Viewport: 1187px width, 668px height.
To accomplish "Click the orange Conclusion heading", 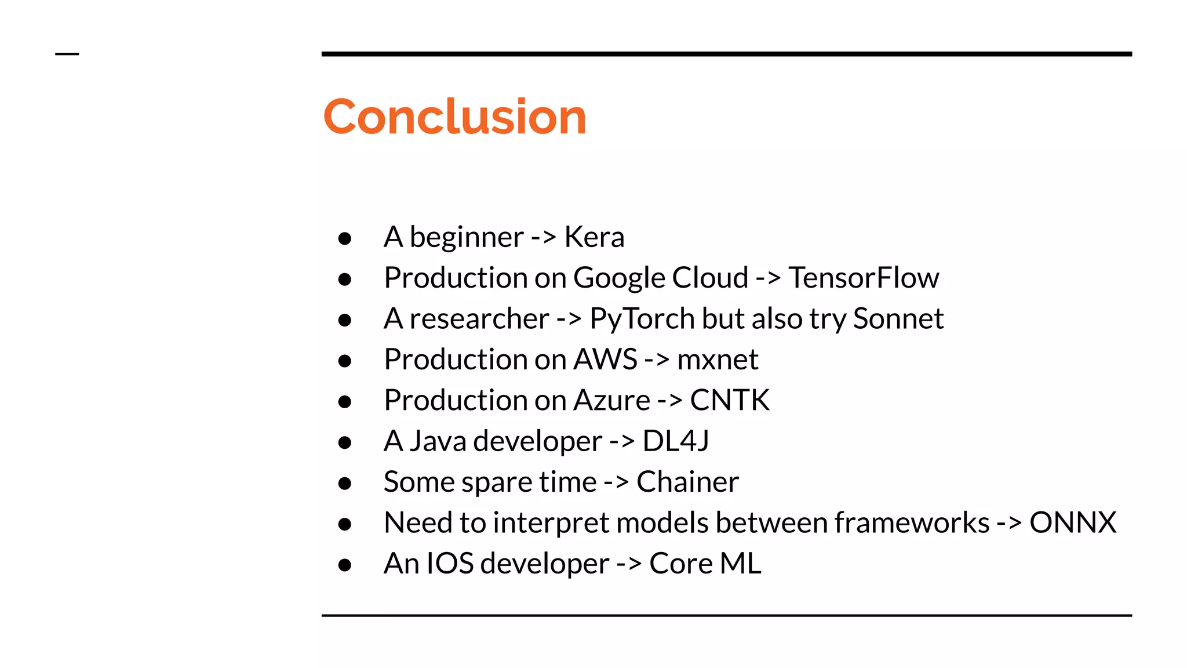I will (454, 117).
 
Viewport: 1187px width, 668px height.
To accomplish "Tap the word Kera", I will (594, 237).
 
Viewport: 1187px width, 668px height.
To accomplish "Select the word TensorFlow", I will (864, 278).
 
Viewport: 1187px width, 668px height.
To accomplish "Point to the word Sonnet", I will (898, 319).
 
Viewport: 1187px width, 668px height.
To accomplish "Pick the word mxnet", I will (718, 360).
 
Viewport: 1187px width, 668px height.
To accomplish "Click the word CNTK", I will (730, 400).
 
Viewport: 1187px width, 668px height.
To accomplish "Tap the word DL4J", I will (676, 441).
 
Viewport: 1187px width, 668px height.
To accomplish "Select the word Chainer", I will (687, 482).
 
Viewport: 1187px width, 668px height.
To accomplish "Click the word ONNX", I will (1073, 522).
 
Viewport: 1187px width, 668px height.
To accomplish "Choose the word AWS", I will (606, 360).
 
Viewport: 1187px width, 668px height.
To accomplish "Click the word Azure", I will (612, 400).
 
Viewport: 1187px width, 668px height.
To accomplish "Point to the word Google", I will (619, 278).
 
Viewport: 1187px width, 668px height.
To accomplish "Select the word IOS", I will (450, 564).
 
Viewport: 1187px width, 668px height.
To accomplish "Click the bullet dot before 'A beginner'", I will (345, 238).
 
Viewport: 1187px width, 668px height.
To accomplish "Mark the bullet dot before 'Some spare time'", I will (345, 483).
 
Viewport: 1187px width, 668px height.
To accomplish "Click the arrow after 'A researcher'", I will (569, 319).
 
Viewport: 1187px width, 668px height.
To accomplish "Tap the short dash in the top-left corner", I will (67, 54).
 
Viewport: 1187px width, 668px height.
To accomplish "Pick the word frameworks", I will (912, 522).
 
